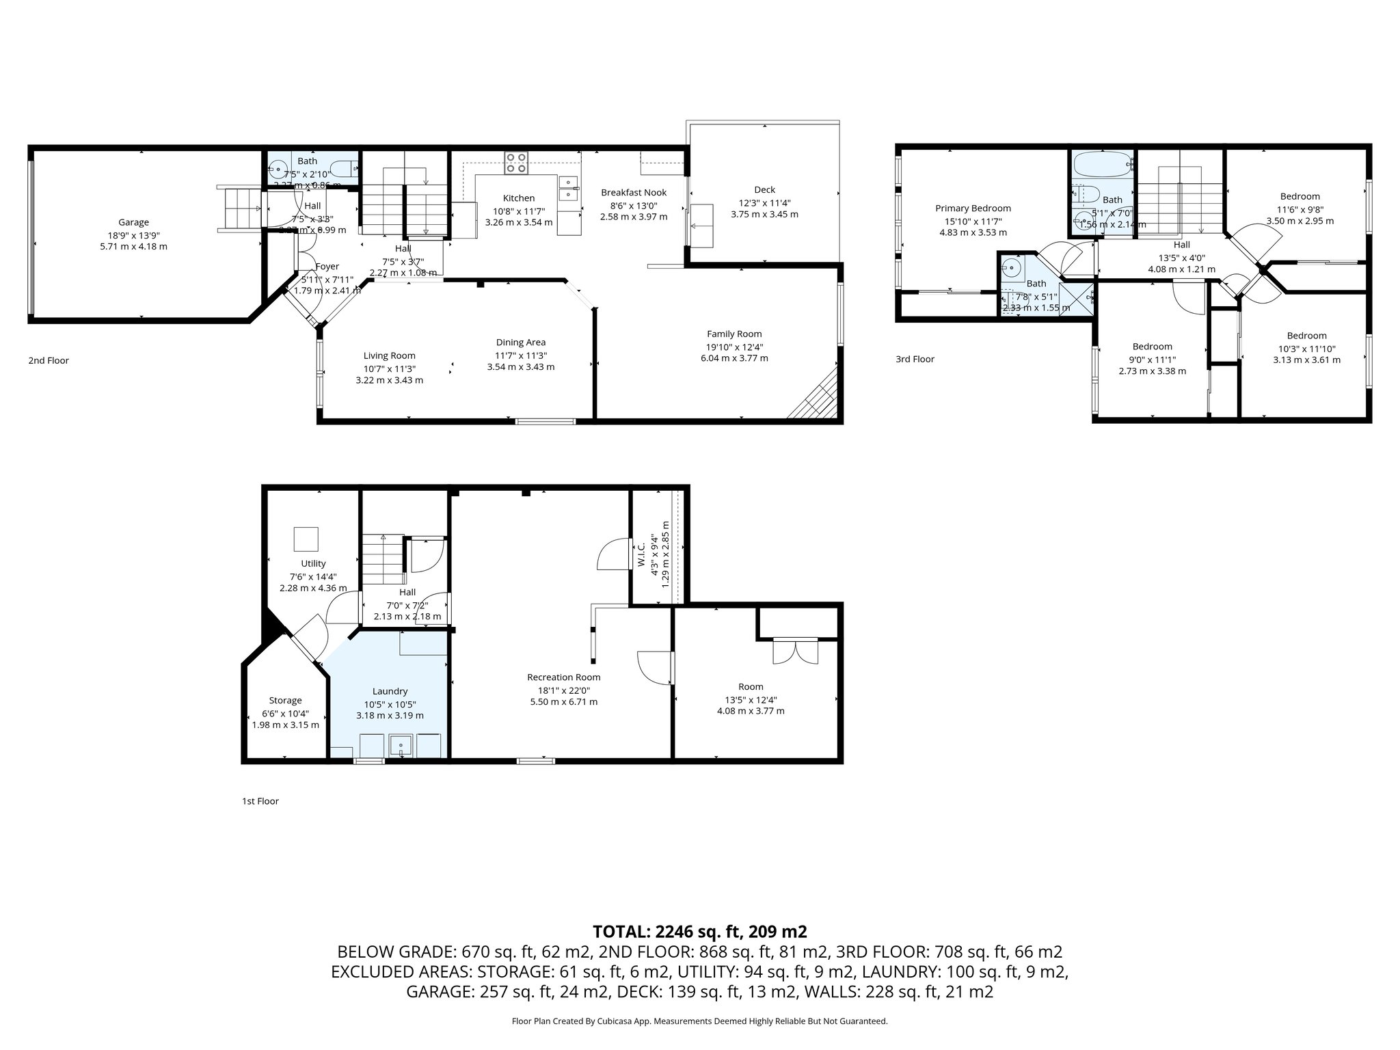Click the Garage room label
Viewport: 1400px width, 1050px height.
[x=133, y=222]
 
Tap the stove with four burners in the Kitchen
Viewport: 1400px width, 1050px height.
[x=516, y=162]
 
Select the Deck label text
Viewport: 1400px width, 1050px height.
[x=764, y=190]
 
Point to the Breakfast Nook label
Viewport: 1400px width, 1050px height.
[x=634, y=193]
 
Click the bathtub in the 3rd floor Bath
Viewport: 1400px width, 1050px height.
[x=1101, y=164]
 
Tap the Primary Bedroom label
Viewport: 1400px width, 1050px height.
[x=973, y=208]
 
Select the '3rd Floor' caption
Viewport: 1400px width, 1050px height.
[x=915, y=359]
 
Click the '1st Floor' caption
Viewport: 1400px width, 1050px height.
[x=260, y=801]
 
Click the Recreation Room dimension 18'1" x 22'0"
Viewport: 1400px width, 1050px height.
[x=563, y=690]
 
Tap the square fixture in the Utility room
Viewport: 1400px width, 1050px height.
[x=306, y=539]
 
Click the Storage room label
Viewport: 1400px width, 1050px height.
[x=285, y=701]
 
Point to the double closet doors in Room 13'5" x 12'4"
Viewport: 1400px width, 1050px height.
[x=795, y=650]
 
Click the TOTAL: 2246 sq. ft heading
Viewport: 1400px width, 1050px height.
[x=699, y=932]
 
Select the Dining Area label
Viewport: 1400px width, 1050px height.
[x=520, y=342]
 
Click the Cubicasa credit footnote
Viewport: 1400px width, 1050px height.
[x=699, y=1021]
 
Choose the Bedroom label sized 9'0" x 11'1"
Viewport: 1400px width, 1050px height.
[x=1152, y=347]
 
